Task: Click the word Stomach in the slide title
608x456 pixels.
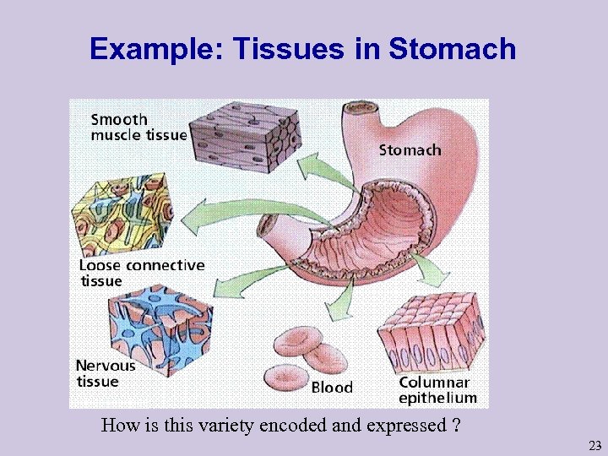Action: tap(453, 49)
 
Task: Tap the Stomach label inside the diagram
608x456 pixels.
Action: tap(410, 150)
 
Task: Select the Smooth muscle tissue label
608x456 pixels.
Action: tap(138, 128)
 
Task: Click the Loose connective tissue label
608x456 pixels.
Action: tap(141, 273)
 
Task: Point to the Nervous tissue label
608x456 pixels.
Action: tap(106, 373)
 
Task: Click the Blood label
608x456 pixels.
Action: tap(332, 388)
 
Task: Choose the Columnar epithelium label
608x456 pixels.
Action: tap(437, 389)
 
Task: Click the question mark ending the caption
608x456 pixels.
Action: tap(456, 425)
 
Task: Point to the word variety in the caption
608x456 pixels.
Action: tap(226, 425)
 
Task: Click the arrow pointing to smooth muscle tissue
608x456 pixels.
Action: tap(325, 169)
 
